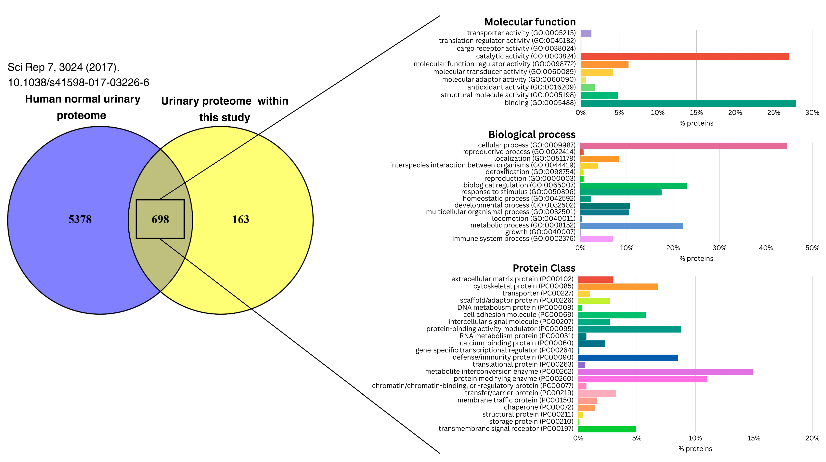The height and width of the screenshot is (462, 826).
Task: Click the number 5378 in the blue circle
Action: (80, 219)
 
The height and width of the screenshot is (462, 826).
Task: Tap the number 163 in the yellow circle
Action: (240, 219)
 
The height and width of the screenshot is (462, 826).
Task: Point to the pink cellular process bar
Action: (683, 146)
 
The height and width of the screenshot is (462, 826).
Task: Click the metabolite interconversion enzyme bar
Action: (665, 372)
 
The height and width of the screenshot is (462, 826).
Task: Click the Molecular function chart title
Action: (530, 22)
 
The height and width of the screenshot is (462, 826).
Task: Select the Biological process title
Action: (532, 134)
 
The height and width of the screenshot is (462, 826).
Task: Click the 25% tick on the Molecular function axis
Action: (773, 113)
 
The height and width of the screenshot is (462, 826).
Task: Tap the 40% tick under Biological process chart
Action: (766, 248)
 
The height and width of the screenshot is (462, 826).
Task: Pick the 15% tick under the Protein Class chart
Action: (754, 438)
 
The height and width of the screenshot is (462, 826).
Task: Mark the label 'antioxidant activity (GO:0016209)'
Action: (521, 87)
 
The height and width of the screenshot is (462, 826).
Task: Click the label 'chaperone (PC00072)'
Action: (538, 407)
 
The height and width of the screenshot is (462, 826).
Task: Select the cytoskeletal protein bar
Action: (618, 287)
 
